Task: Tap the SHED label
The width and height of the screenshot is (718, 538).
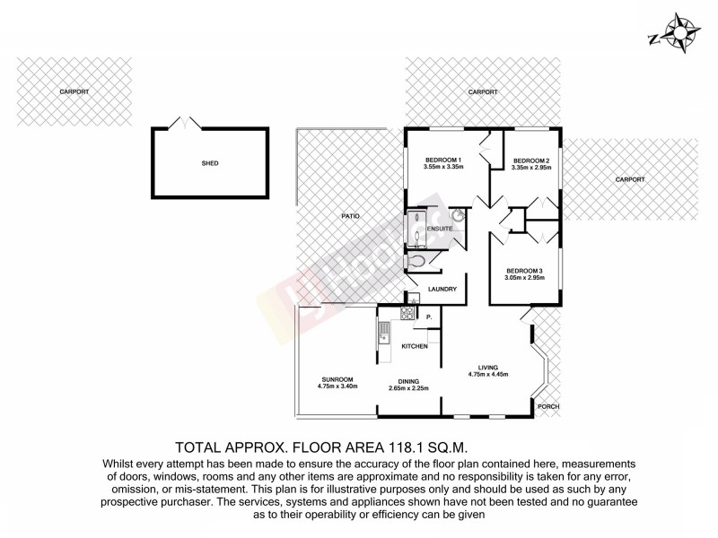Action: click(210, 163)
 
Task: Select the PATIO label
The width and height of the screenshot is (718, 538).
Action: click(350, 216)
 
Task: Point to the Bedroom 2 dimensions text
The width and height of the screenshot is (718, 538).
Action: click(530, 168)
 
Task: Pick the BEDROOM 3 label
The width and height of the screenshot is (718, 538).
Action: click(525, 271)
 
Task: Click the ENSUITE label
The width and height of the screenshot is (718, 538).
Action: click(439, 230)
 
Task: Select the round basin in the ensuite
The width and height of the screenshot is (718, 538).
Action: click(456, 215)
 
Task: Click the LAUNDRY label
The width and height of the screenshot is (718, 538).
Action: click(444, 289)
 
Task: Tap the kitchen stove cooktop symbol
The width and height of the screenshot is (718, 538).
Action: click(406, 314)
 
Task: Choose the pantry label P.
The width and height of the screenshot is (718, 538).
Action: click(429, 317)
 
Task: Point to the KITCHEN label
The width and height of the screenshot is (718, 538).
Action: click(414, 346)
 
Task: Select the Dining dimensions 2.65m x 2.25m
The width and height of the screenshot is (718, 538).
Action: click(408, 388)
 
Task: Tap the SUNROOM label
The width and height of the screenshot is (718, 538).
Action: click(337, 379)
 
